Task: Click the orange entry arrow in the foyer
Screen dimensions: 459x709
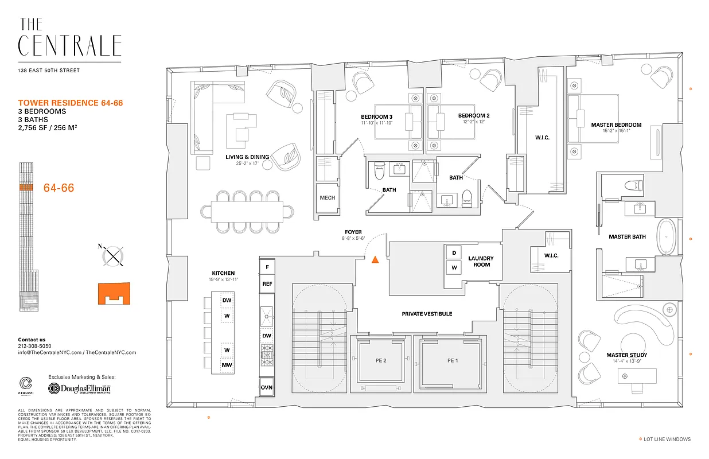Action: click(375, 259)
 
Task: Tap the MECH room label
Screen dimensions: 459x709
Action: click(327, 198)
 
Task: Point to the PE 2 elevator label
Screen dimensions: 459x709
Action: click(381, 360)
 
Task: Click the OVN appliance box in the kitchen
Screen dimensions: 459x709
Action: click(267, 387)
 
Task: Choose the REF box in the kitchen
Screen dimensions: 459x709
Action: click(267, 283)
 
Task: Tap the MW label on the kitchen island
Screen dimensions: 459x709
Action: click(227, 365)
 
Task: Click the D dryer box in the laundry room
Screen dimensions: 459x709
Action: click(454, 253)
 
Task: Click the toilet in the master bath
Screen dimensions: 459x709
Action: click(633, 185)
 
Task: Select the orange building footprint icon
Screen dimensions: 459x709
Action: click(114, 293)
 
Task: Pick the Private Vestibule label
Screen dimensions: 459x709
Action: click(426, 314)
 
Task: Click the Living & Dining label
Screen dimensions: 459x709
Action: click(248, 155)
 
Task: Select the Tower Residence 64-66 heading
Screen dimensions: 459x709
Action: click(71, 103)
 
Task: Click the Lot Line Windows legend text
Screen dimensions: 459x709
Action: click(667, 439)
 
